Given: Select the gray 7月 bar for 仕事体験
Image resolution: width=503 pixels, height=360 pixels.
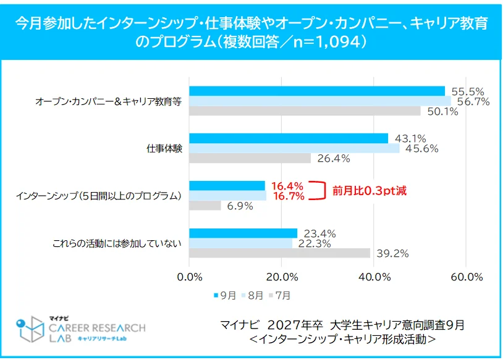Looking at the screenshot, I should coord(250,158).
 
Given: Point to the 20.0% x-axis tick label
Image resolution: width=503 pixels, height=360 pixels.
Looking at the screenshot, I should coord(282,277).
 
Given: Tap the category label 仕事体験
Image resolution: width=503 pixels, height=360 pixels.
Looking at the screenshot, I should coord(164,148).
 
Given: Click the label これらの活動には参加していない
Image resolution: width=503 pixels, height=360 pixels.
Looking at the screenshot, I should coord(116,243).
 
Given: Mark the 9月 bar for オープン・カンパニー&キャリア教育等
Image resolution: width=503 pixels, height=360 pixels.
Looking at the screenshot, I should coord(316,91).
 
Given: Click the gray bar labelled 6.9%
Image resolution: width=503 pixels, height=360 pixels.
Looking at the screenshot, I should coord(205,206).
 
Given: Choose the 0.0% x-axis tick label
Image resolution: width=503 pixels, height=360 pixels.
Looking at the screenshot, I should coord(190,277).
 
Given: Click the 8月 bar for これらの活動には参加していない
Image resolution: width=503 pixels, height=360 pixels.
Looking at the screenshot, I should coord(240,243).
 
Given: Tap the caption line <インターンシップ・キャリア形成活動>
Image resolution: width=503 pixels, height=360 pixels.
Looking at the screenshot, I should coord(342,340).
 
